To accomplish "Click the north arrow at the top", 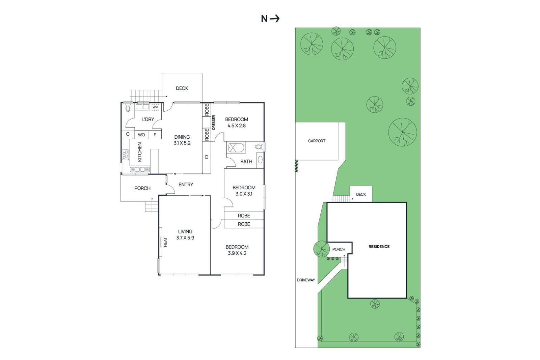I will (x=275, y=19).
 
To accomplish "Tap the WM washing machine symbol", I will (x=155, y=107).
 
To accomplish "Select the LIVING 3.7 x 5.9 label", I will (x=185, y=234).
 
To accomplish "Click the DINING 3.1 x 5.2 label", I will (x=182, y=140).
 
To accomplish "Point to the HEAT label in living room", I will (x=165, y=242).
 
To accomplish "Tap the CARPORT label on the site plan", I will (x=317, y=141).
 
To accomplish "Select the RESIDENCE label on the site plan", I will (x=379, y=247).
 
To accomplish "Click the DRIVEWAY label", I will (x=306, y=280).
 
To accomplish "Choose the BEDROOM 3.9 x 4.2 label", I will (x=237, y=250).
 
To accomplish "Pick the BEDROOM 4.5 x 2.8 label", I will (x=236, y=122).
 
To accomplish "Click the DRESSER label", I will (x=214, y=122).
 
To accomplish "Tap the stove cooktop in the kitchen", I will (x=125, y=155).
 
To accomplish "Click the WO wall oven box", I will (x=141, y=135).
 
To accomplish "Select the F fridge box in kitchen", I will (x=155, y=135).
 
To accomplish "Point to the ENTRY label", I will (x=186, y=185).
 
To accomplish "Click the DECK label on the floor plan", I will (x=182, y=88).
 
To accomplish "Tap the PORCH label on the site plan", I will (x=339, y=249).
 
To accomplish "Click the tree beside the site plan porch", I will (x=321, y=249).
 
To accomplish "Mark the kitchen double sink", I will (x=140, y=169).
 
